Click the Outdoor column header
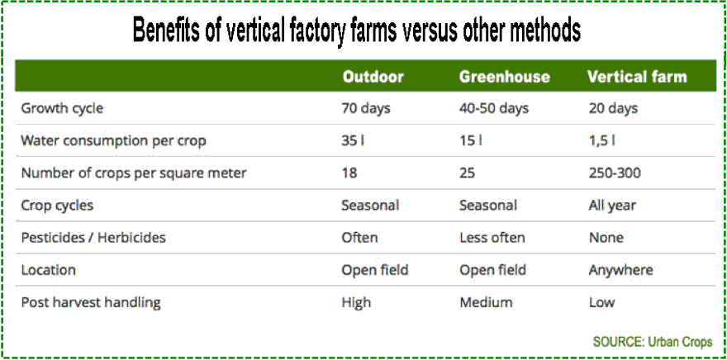pyautogui.click(x=373, y=77)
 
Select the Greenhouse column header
pyautogui.click(x=504, y=77)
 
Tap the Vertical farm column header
pyautogui.click(x=636, y=77)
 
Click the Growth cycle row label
pyautogui.click(x=62, y=108)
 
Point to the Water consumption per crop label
pyautogui.click(x=113, y=141)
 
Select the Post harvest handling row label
pyautogui.click(x=91, y=302)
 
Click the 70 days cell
pyautogui.click(x=366, y=108)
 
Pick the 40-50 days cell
pyautogui.click(x=494, y=108)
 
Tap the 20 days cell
pyautogui.click(x=613, y=108)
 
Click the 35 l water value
pyautogui.click(x=353, y=141)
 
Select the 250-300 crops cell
pyautogui.click(x=615, y=173)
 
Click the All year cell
pyautogui.click(x=612, y=206)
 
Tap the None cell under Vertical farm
pyautogui.click(x=606, y=238)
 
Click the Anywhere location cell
pyautogui.click(x=620, y=270)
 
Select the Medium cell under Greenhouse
pyautogui.click(x=486, y=302)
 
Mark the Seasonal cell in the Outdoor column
pyautogui.click(x=370, y=206)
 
